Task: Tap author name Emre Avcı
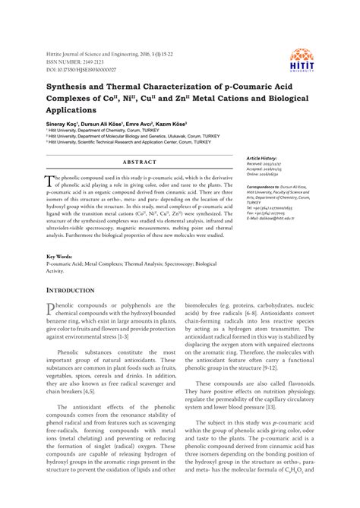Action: pos(155,123)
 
